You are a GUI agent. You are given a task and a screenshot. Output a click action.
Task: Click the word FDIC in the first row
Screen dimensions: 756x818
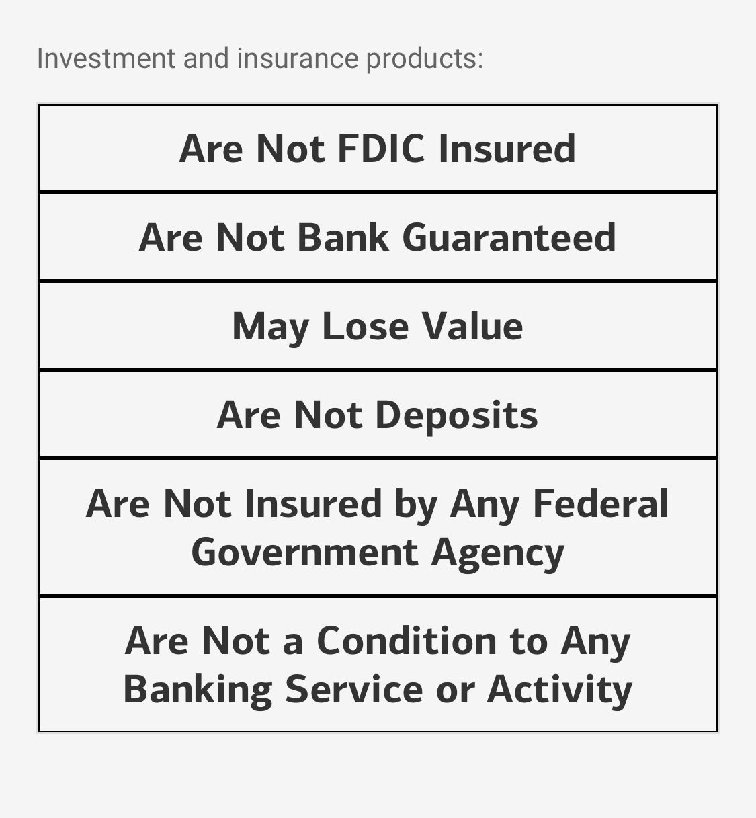point(380,149)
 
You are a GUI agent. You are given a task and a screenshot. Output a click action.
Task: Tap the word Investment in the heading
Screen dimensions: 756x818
point(106,58)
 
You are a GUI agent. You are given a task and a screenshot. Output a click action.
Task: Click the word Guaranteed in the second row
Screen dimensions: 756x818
point(509,237)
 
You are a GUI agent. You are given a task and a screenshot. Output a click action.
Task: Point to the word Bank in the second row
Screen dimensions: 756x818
point(343,237)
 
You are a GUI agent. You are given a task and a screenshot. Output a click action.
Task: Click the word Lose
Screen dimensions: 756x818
point(366,326)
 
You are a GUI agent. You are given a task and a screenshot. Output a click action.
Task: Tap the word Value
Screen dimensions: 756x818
point(473,326)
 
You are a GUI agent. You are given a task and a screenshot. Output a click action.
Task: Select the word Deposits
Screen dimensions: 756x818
point(457,416)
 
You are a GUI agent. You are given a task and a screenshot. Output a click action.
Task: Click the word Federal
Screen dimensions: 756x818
point(600,503)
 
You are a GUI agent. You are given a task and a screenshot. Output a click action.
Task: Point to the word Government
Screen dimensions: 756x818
point(305,553)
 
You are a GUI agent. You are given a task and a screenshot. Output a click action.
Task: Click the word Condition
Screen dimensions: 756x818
point(406,641)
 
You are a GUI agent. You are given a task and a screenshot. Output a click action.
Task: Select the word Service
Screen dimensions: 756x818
point(354,690)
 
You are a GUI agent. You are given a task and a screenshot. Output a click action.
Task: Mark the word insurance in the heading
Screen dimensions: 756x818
point(298,58)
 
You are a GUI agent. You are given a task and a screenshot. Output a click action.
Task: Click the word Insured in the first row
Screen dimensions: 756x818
point(507,149)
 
